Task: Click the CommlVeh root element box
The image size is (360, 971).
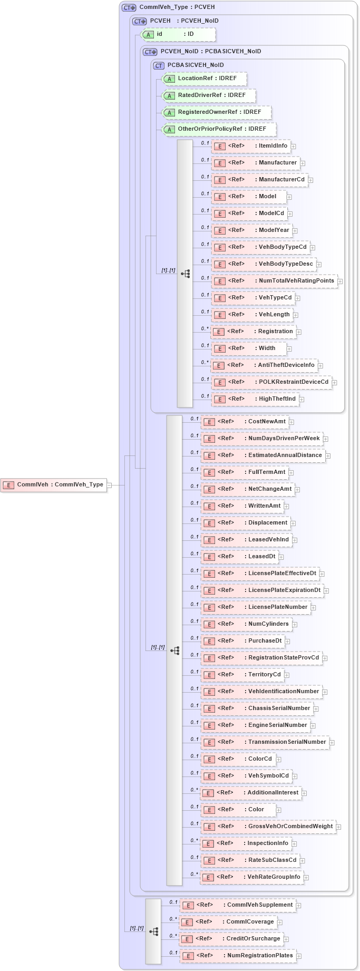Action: [54, 484]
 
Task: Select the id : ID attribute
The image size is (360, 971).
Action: [179, 34]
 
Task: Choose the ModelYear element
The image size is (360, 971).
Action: [252, 230]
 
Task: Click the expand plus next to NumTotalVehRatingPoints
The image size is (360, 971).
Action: [340, 281]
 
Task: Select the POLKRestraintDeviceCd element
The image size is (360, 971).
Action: [271, 382]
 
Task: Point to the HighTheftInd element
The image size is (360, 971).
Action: [255, 399]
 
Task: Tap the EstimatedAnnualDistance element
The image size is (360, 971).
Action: [263, 455]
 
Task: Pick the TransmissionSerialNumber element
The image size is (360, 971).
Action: [265, 742]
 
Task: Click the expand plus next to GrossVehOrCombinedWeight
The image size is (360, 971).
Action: [338, 827]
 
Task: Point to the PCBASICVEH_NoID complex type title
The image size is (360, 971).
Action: [195, 65]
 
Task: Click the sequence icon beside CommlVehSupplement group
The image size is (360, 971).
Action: [153, 931]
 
